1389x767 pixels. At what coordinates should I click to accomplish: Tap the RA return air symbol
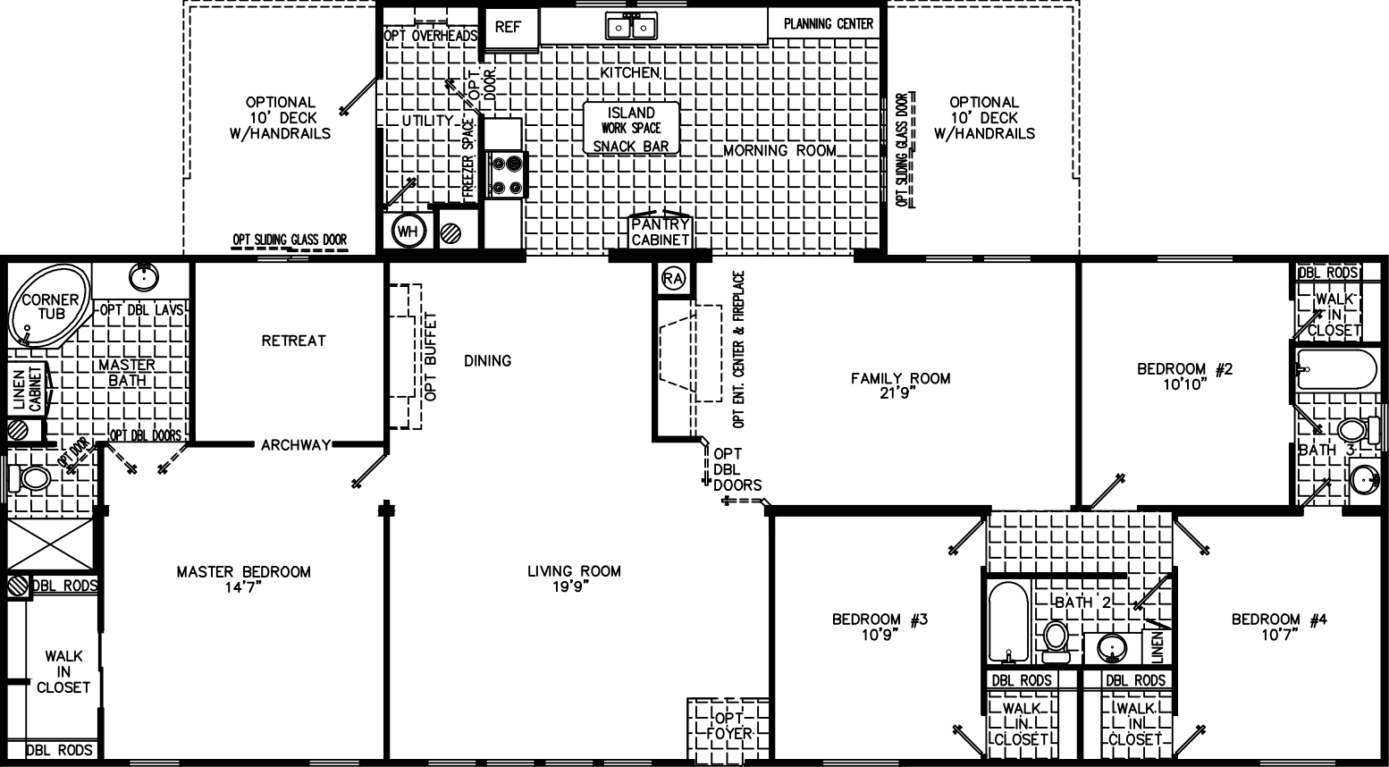(673, 279)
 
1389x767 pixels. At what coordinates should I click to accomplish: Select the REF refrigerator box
(508, 27)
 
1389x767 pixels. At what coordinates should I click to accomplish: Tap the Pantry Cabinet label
(661, 232)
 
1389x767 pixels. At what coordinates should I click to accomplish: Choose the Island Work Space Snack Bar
(631, 129)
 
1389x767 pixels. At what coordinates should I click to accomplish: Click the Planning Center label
(829, 23)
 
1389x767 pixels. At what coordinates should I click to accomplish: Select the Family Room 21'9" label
(900, 385)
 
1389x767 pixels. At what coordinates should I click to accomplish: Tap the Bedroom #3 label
(880, 627)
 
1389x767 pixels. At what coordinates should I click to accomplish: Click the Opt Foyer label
(729, 726)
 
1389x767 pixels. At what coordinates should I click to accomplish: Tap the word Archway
(296, 444)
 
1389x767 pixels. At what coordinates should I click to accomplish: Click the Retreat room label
(293, 341)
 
